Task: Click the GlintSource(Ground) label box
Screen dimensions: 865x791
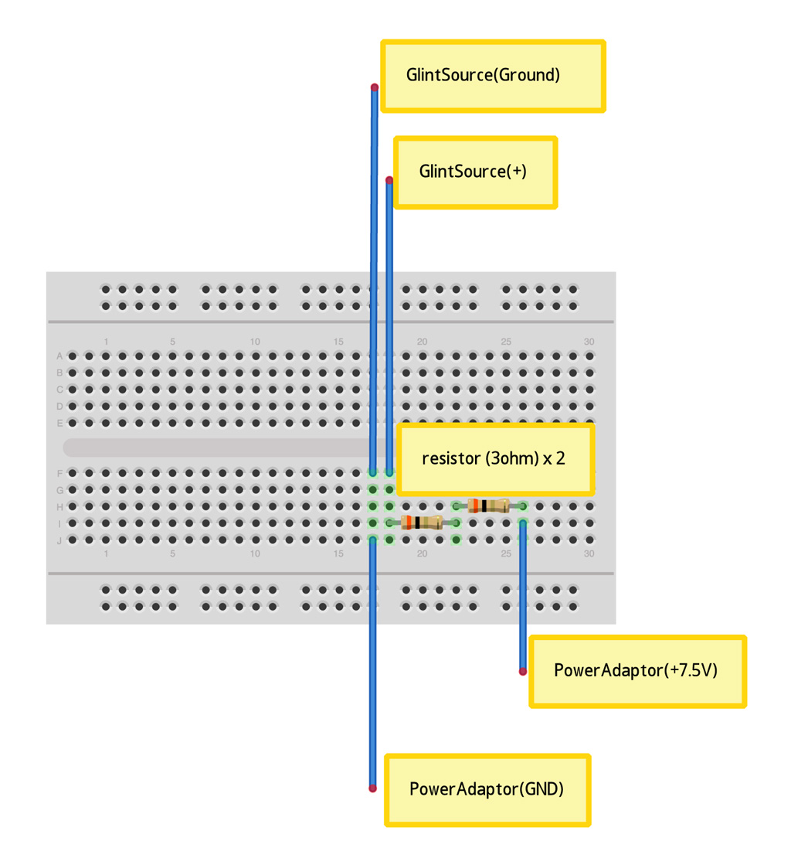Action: point(492,76)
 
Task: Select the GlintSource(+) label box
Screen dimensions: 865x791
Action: point(475,172)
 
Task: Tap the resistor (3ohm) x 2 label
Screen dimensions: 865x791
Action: point(494,458)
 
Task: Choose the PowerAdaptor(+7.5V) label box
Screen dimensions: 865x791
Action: point(637,671)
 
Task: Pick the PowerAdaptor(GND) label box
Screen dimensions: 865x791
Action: point(487,789)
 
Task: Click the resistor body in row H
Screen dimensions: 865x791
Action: point(487,506)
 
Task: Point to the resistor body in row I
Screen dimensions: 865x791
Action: point(422,523)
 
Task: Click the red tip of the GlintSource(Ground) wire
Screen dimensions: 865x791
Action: point(374,87)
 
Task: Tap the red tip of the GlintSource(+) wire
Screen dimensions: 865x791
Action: point(389,180)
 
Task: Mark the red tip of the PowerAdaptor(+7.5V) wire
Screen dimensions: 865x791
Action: point(523,672)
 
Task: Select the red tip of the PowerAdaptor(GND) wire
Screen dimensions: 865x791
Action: point(372,788)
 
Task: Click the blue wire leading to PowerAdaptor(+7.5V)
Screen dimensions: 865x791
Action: point(523,595)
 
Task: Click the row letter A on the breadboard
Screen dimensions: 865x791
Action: point(59,356)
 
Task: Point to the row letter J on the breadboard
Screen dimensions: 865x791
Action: point(59,540)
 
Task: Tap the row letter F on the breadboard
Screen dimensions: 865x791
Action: point(59,473)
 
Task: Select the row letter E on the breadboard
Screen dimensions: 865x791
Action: point(59,424)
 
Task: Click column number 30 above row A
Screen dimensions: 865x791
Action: point(589,342)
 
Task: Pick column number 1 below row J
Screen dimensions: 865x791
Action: point(107,553)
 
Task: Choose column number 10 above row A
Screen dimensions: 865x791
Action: point(255,342)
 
